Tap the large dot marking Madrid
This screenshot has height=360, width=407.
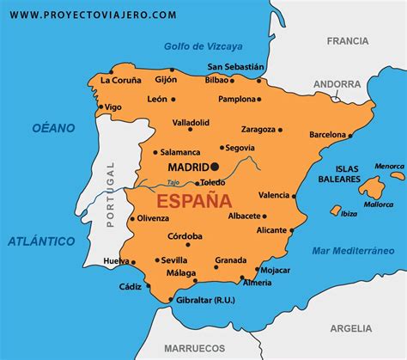click(x=215, y=166)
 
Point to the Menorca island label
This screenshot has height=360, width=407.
click(x=389, y=166)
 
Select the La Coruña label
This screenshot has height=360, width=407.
click(x=120, y=80)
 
